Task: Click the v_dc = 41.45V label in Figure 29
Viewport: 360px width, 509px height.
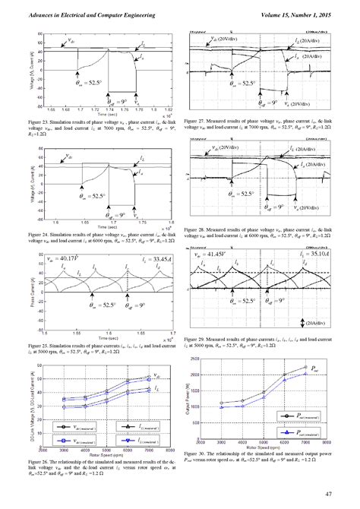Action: point(210,251)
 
